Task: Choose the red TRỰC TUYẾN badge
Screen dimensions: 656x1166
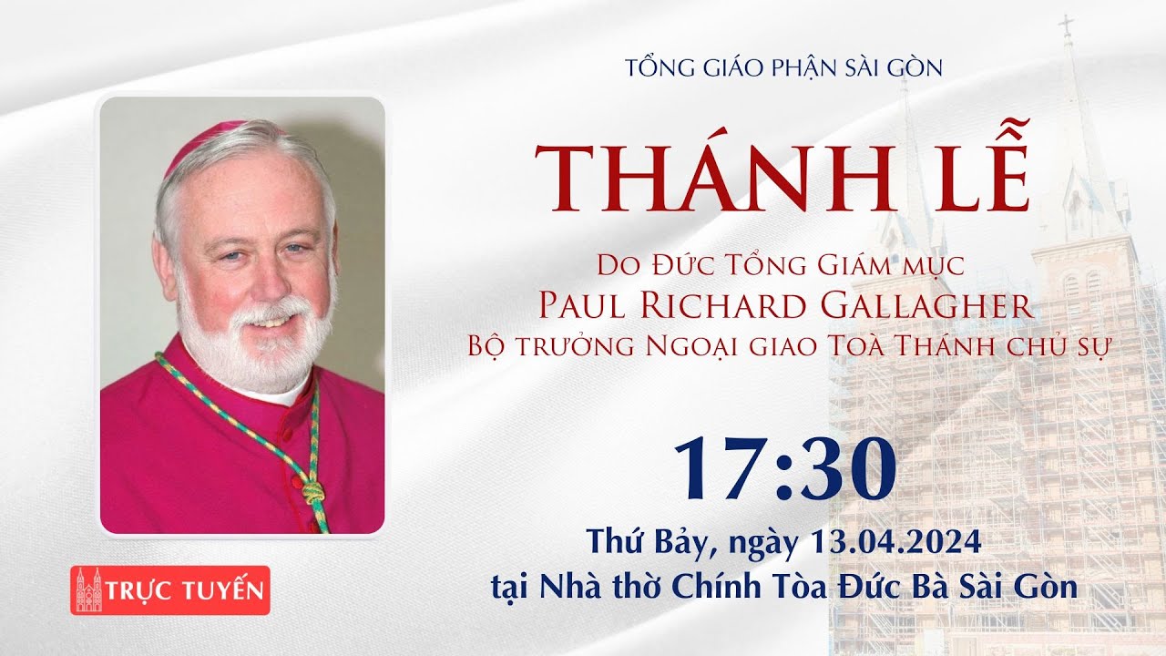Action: tap(170, 589)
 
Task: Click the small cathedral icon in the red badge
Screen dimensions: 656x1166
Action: tap(89, 590)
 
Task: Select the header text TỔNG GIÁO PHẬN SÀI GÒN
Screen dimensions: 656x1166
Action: tap(772, 67)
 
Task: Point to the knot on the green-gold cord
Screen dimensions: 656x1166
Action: tap(312, 494)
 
